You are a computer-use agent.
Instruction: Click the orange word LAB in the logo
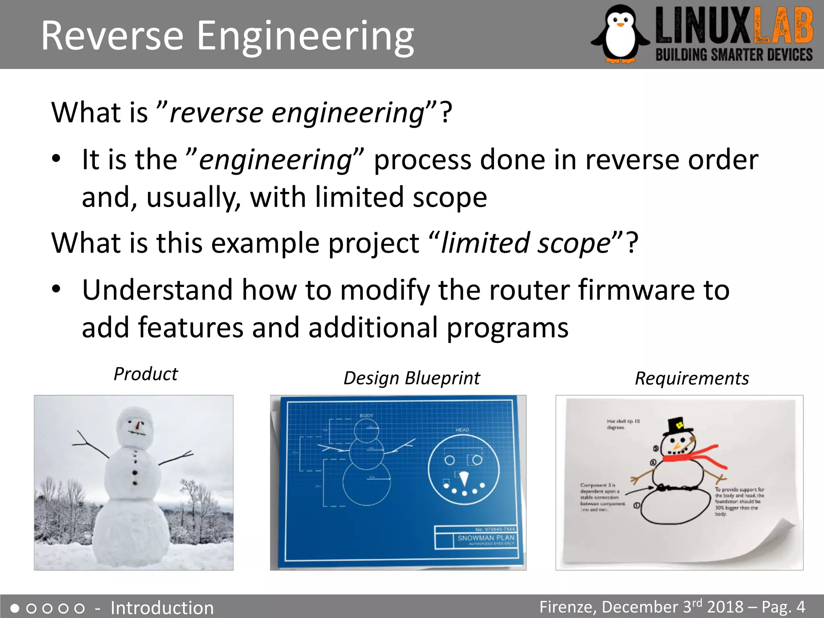pyautogui.click(x=783, y=27)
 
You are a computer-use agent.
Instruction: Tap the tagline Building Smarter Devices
pyautogui.click(x=734, y=55)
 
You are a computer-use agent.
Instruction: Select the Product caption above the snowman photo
pyautogui.click(x=146, y=374)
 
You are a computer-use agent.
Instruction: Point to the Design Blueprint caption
pyautogui.click(x=412, y=378)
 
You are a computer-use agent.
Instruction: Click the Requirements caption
pyautogui.click(x=692, y=379)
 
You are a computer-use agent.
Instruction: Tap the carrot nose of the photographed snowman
pyautogui.click(x=138, y=425)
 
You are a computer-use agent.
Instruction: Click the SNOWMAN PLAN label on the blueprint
pyautogui.click(x=486, y=538)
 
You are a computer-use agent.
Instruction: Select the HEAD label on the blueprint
pyautogui.click(x=462, y=430)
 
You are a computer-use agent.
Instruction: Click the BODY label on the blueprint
pyautogui.click(x=366, y=415)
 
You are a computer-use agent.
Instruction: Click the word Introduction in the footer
pyautogui.click(x=162, y=608)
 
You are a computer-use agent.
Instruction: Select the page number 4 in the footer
pyautogui.click(x=801, y=607)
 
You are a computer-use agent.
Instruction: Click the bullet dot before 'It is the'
pyautogui.click(x=56, y=159)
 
